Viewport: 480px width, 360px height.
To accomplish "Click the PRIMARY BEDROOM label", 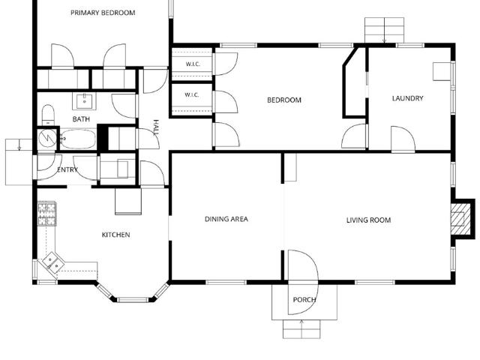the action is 103,13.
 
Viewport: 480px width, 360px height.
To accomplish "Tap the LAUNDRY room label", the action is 408,98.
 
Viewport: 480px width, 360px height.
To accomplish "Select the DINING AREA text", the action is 226,219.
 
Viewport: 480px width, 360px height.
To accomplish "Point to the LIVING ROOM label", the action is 368,220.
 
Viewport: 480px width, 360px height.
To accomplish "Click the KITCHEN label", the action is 115,235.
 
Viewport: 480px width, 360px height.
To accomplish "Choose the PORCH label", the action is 304,300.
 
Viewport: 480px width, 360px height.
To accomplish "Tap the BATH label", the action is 81,119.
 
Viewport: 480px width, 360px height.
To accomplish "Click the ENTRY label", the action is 67,169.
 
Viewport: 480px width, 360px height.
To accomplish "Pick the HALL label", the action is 156,127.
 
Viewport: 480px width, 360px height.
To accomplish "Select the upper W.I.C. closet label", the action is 193,64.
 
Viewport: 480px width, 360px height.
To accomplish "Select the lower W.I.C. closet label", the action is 192,95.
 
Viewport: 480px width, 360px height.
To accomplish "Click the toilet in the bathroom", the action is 48,115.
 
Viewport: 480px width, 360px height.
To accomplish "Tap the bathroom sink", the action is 85,102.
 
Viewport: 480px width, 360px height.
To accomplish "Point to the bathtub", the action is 78,139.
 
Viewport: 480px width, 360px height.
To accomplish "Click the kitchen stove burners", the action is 46,214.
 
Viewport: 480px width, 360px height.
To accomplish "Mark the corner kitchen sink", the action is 53,263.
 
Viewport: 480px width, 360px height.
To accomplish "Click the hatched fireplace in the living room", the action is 460,218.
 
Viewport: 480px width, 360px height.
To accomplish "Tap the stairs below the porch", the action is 301,329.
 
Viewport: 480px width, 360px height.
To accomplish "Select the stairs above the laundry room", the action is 384,30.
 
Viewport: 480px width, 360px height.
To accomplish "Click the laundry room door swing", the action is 403,139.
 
